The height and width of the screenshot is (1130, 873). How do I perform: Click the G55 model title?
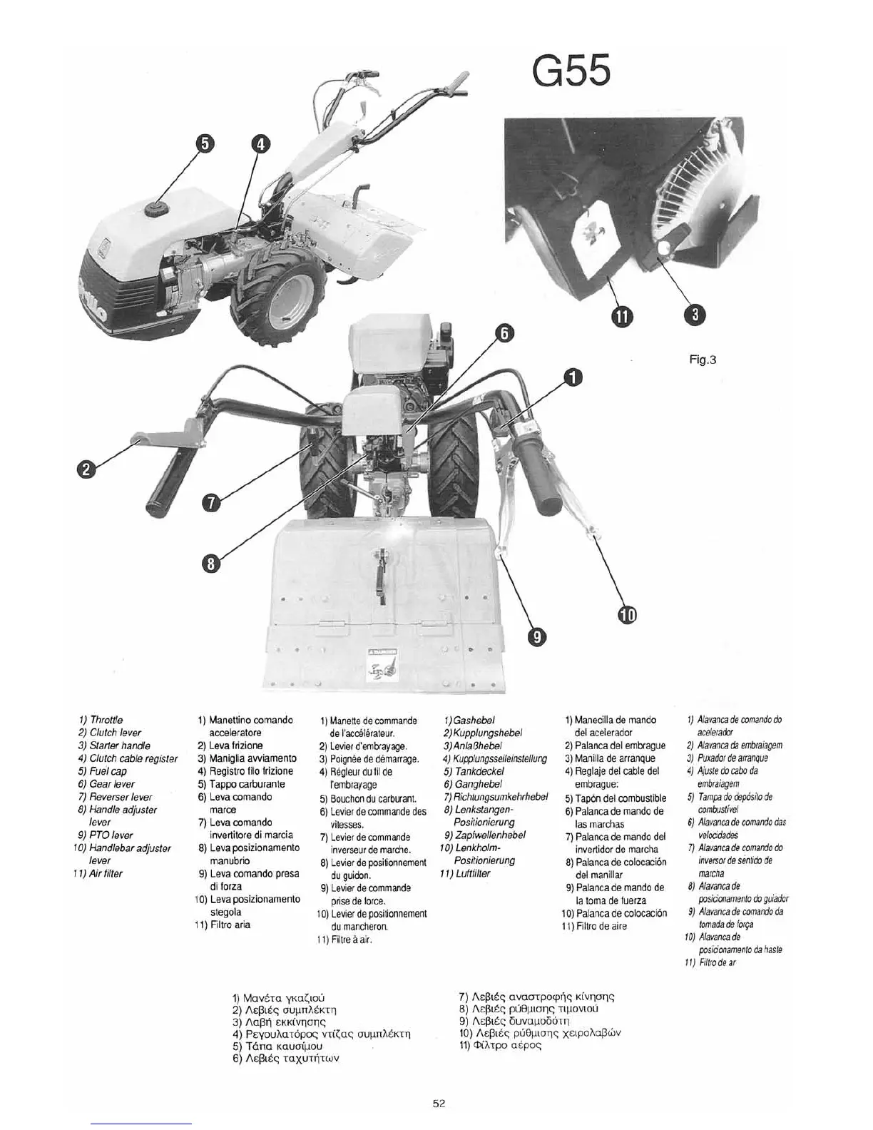571,72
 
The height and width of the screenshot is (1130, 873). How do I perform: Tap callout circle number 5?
203,143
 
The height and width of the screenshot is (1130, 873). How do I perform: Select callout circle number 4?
260,144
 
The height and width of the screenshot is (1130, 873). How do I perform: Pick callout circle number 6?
504,333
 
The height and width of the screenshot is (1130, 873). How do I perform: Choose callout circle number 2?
86,469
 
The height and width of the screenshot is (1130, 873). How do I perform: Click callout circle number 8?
210,564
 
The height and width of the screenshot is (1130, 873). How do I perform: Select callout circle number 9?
536,635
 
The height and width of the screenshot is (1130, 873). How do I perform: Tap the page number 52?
439,1103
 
